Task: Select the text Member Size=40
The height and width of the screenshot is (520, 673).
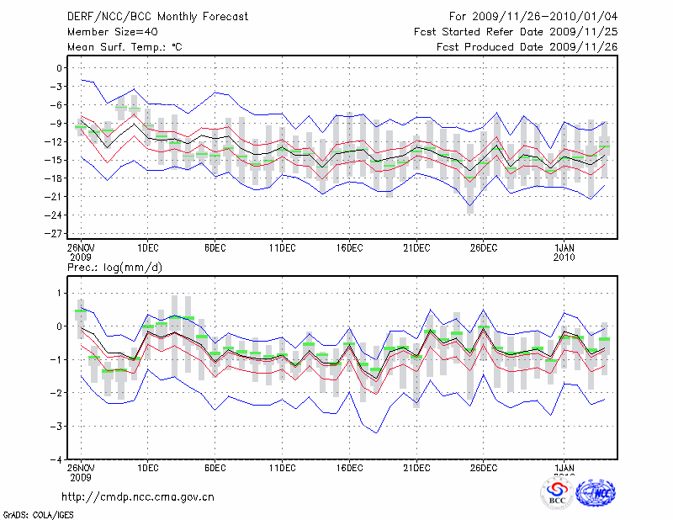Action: pos(108,32)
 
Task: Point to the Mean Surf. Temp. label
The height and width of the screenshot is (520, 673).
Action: pos(125,47)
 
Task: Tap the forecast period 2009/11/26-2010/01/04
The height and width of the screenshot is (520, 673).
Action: pos(533,16)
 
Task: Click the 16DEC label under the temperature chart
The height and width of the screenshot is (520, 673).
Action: pos(350,247)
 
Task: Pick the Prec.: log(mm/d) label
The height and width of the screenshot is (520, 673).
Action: pos(114,267)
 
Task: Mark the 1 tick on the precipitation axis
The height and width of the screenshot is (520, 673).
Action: pos(61,293)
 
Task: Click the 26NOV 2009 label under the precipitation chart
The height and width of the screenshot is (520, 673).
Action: pos(81,472)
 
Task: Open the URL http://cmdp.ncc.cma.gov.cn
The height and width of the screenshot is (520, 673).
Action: pos(138,496)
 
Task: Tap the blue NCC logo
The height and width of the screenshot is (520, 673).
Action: pos(595,494)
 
